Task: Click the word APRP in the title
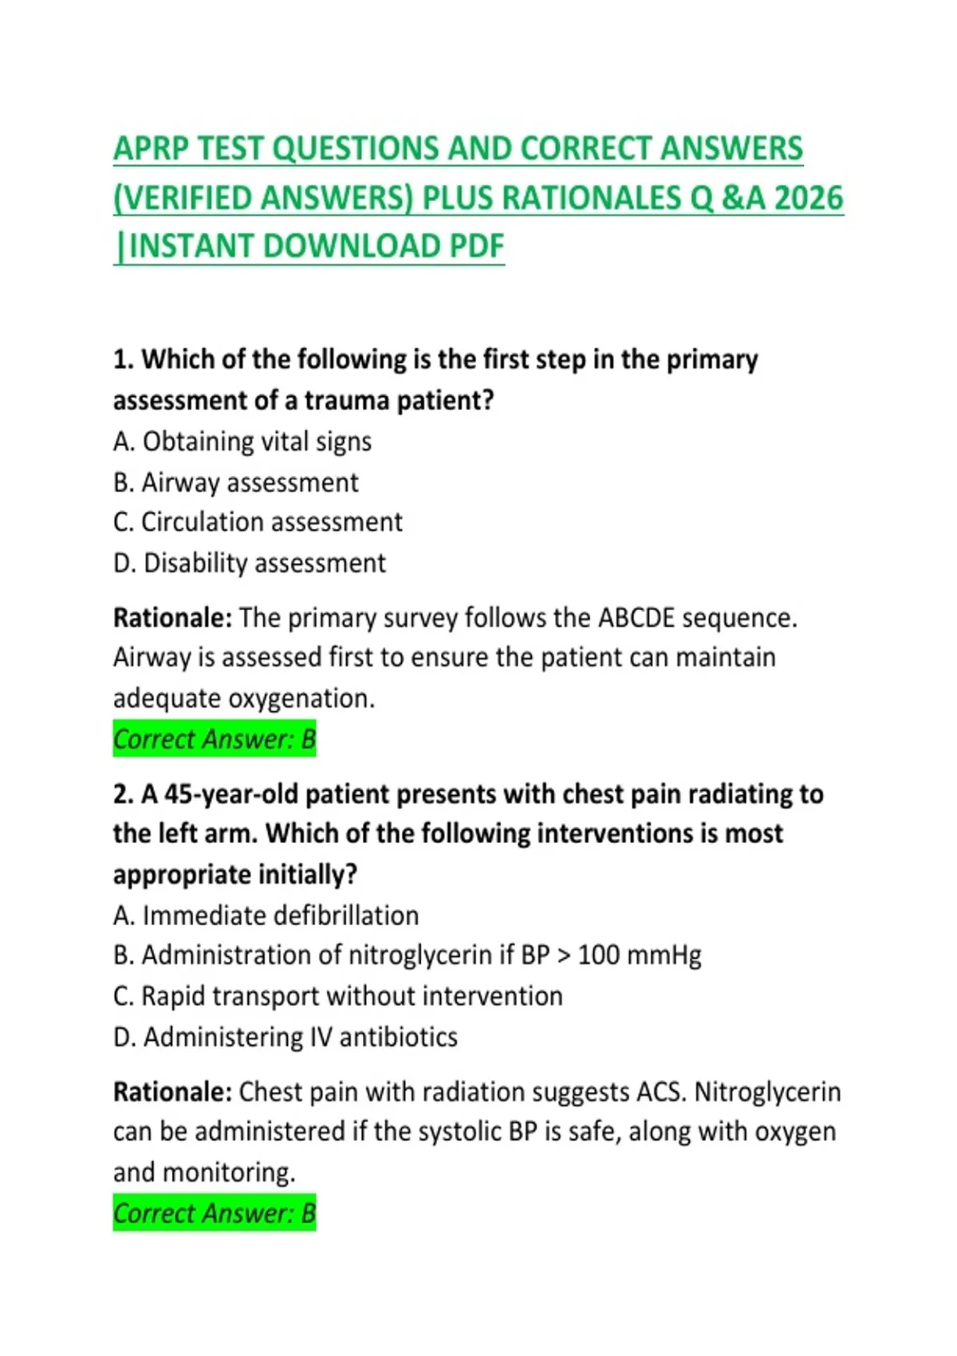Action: click(152, 149)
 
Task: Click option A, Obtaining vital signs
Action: click(242, 442)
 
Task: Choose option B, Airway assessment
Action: click(236, 483)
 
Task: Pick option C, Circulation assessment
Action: click(258, 522)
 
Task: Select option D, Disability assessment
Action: click(250, 563)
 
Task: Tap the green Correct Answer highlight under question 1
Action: click(215, 739)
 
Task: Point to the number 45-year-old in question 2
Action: click(231, 794)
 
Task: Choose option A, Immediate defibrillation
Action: click(266, 916)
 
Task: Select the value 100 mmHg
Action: click(640, 956)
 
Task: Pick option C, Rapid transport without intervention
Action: click(338, 996)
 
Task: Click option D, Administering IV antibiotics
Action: click(286, 1037)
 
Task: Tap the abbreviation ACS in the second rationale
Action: click(660, 1092)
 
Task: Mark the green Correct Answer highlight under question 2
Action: click(215, 1213)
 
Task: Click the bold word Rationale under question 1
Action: click(172, 618)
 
